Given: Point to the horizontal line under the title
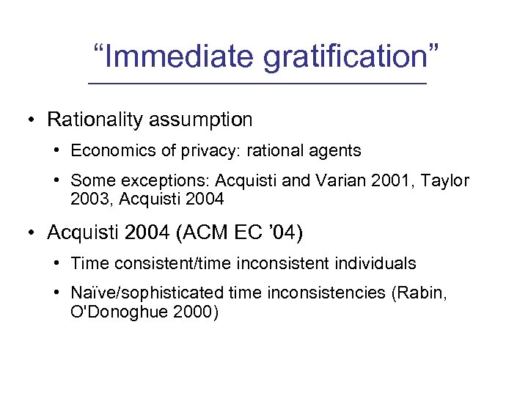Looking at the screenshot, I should [257, 85].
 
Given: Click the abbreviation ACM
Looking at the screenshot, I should [197, 232].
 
